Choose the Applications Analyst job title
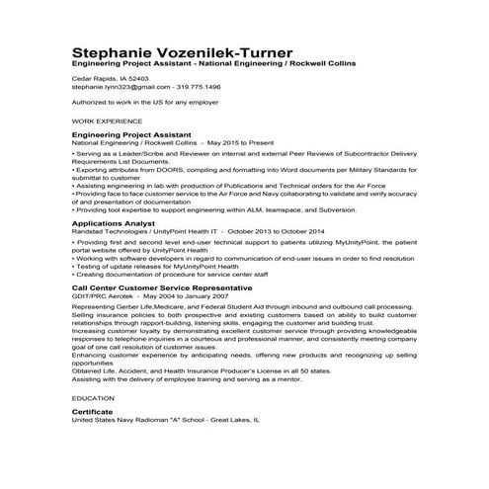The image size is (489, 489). point(110,223)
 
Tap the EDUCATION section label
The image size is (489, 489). point(93,396)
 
